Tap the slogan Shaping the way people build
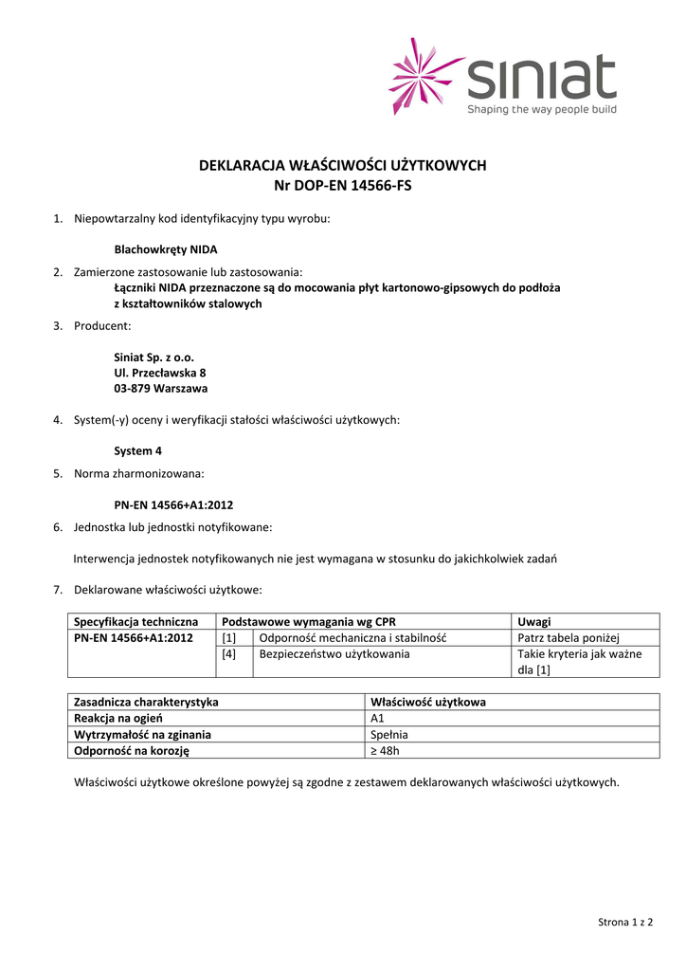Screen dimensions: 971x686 541,110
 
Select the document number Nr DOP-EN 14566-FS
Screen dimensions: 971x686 342,186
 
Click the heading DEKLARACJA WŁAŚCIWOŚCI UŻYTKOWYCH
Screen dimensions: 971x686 342,165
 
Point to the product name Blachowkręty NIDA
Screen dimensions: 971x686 166,250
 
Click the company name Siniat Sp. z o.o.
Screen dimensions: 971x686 153,357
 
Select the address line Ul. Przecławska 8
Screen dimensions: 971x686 159,373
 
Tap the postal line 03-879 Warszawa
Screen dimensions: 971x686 161,388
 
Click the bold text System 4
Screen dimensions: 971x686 137,451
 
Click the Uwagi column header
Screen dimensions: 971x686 534,621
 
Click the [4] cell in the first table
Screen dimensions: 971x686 229,653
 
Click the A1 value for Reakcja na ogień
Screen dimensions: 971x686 377,718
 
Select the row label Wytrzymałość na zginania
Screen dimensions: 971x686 142,734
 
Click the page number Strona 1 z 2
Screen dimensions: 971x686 625,922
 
